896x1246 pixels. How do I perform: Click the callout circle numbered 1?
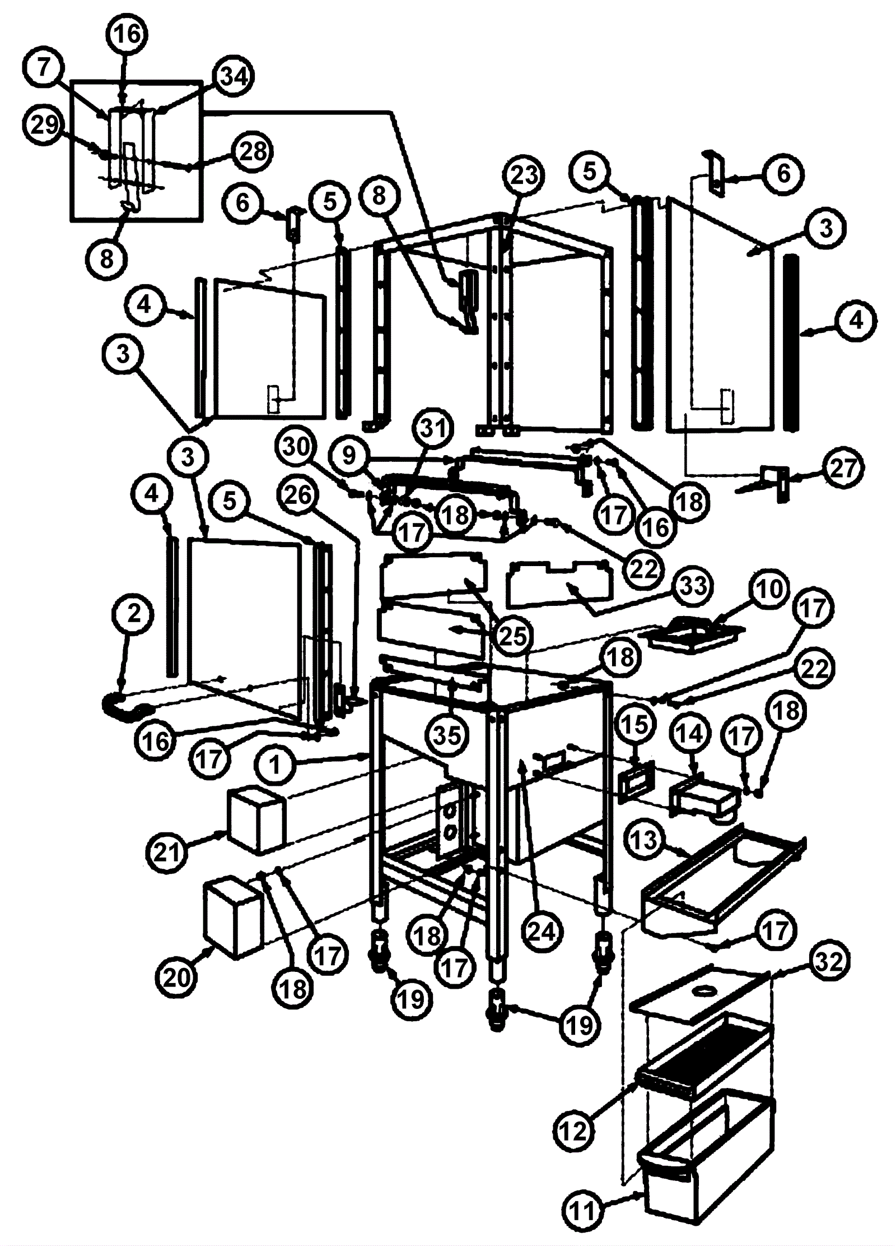tap(274, 764)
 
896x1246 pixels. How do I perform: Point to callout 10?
tap(769, 589)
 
